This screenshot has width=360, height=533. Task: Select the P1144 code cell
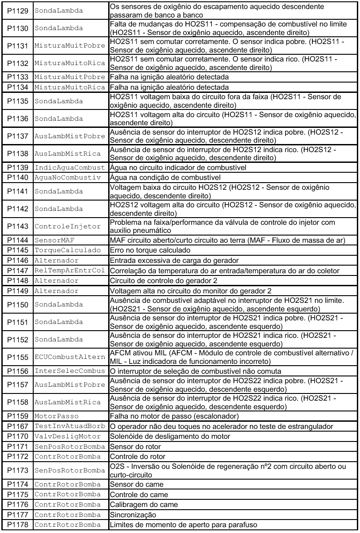pyautogui.click(x=18, y=240)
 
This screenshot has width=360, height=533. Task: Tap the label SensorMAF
pyautogui.click(x=52, y=240)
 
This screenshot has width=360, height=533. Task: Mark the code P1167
pyautogui.click(x=18, y=426)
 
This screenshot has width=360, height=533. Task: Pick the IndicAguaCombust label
pyautogui.click(x=70, y=167)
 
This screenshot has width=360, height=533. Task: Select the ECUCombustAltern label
pyautogui.click(x=70, y=358)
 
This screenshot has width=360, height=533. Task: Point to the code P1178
pyautogui.click(x=18, y=525)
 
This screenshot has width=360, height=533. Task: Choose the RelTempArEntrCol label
pyautogui.click(x=70, y=271)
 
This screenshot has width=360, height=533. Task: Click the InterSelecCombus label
pyautogui.click(x=70, y=371)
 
